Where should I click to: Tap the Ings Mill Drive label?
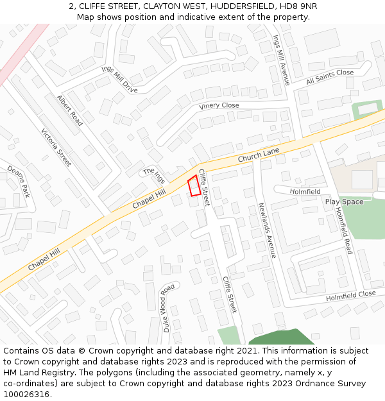click(119, 79)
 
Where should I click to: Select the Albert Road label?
click(70, 110)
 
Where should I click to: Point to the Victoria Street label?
click(56, 148)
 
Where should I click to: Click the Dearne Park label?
click(19, 181)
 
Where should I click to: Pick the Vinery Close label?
click(219, 106)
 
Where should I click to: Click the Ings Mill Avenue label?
click(282, 60)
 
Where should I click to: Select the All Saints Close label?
click(330, 77)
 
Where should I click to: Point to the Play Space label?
click(344, 201)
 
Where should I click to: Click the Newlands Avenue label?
click(267, 230)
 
